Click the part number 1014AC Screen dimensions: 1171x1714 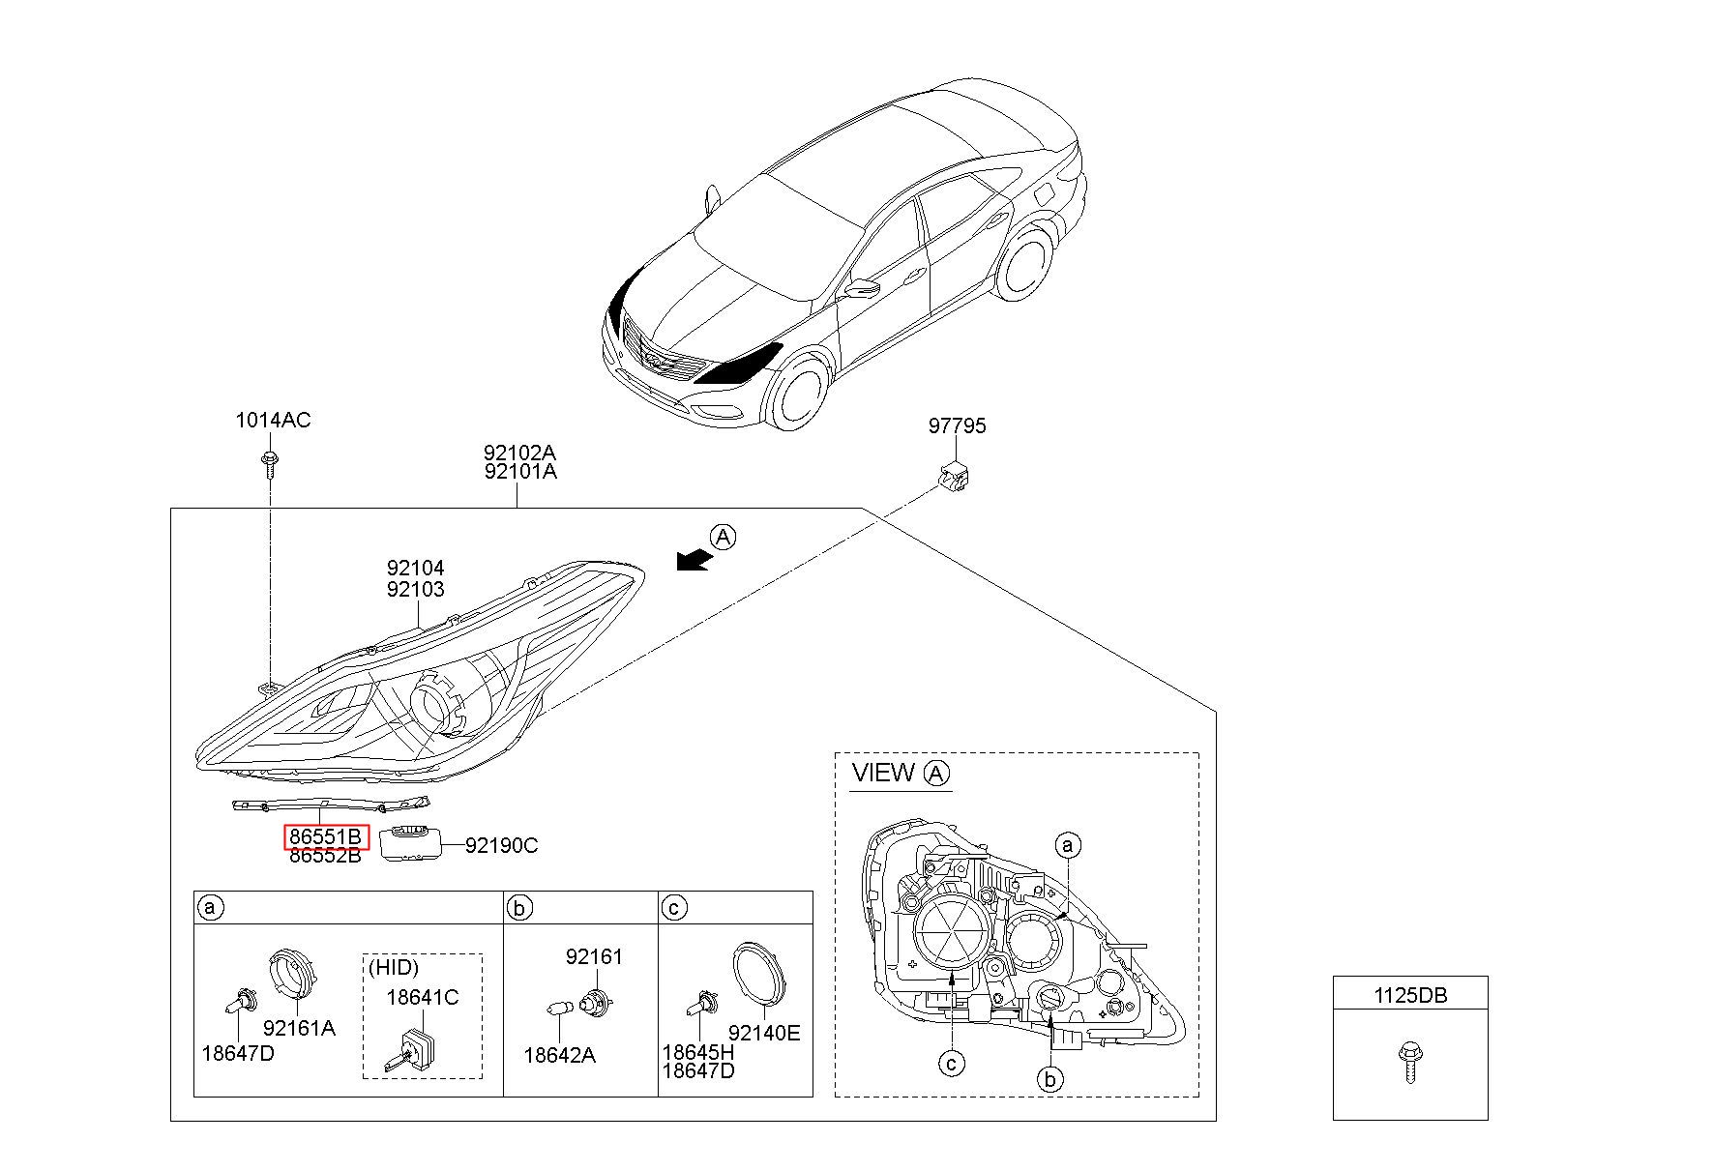click(x=273, y=421)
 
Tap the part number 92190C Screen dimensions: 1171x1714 click(x=501, y=846)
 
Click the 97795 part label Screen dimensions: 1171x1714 click(x=957, y=426)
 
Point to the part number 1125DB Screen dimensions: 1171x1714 click(x=1410, y=995)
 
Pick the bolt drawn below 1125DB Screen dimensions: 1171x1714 click(x=1409, y=1061)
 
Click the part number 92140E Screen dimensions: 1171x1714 click(x=764, y=1033)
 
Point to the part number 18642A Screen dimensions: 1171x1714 click(x=559, y=1055)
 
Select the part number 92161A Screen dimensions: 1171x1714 click(x=299, y=1028)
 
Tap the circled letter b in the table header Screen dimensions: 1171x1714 click(x=520, y=908)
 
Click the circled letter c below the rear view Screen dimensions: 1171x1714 click(x=952, y=1064)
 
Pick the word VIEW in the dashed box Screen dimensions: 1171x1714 click(x=883, y=773)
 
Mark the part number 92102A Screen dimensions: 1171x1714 click(x=520, y=453)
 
